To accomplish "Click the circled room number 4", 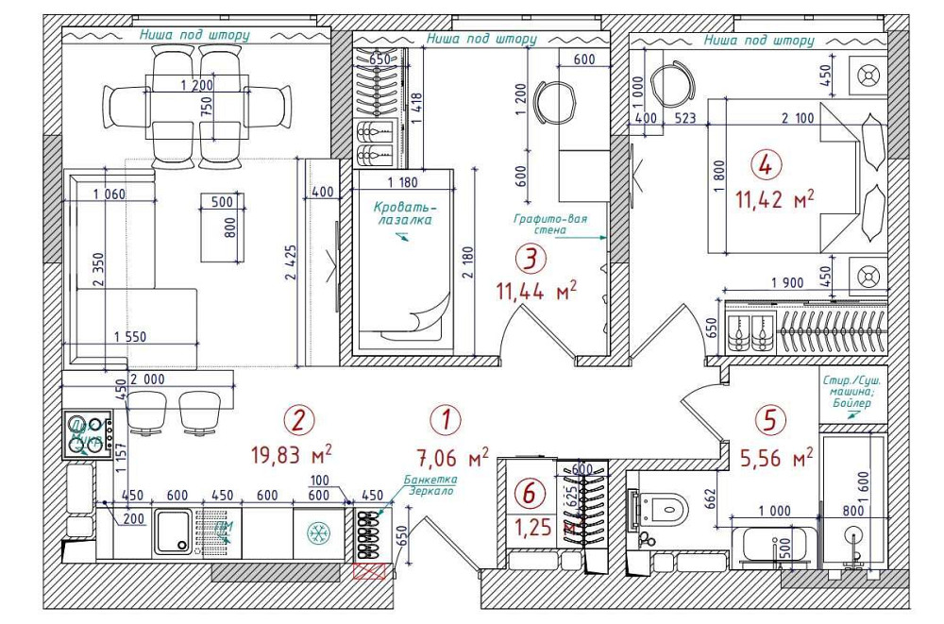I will [x=766, y=165].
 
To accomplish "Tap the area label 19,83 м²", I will [x=290, y=454].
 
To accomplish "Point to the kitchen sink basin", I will [x=173, y=532].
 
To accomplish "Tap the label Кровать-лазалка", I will [x=403, y=212].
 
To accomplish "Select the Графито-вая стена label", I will [x=550, y=225].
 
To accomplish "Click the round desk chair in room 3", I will [x=553, y=98].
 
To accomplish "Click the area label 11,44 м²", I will [x=535, y=290].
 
